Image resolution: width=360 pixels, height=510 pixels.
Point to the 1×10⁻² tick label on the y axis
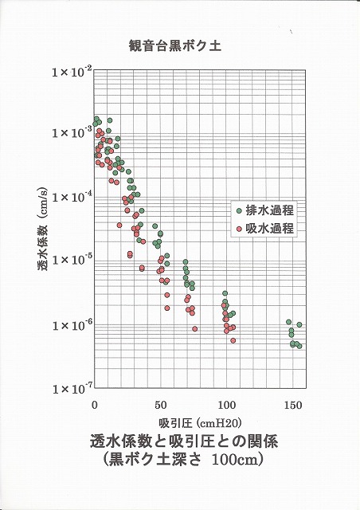71,72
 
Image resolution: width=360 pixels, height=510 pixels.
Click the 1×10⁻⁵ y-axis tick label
71,261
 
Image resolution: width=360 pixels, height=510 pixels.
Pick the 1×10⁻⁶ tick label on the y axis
71,325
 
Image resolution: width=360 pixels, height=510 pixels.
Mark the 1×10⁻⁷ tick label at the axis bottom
71,388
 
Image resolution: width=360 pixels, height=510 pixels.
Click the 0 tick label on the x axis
96,406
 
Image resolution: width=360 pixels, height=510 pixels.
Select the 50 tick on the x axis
161,406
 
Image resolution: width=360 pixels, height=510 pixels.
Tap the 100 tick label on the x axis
227,406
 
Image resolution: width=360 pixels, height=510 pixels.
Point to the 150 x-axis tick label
293,406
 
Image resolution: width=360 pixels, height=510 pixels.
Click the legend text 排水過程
270,210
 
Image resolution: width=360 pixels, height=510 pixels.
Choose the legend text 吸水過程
270,229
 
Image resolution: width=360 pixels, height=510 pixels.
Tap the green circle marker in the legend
239,210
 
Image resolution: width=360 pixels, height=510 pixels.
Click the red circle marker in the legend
239,229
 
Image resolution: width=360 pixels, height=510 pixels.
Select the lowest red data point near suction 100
233,340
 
